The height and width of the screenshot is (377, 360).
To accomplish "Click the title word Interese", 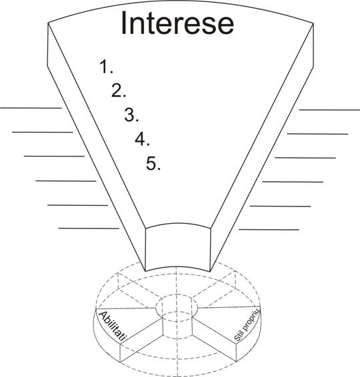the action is [x=177, y=23].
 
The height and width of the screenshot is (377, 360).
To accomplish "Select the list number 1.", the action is [x=106, y=67].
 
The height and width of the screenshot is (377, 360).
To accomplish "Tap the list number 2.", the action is [x=119, y=91].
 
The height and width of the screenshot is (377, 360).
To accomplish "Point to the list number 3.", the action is [x=131, y=115].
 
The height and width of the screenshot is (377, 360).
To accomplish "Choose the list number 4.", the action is [x=142, y=139].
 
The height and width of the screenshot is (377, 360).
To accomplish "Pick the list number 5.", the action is [x=153, y=163].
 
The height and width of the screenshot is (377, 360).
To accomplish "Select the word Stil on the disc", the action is [x=238, y=336].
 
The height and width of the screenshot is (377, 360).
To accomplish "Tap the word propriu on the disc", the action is [x=251, y=319].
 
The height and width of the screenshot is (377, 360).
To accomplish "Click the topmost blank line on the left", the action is [x=31, y=108].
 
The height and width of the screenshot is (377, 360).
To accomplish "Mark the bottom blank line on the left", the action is [x=89, y=228].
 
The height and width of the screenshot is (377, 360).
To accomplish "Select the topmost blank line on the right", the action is [x=329, y=110].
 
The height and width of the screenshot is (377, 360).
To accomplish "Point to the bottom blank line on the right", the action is [x=269, y=230].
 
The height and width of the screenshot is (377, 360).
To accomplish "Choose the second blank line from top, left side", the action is [x=43, y=133].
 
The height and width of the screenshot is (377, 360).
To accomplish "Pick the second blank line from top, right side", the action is [x=317, y=134].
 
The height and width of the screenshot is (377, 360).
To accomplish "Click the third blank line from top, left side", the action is [x=54, y=157].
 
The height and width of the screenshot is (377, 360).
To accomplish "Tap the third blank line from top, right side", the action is [x=305, y=158].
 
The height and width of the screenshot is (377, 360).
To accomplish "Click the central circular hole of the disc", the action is [x=177, y=307].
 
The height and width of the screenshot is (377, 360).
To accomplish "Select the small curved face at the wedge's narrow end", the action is [x=178, y=248].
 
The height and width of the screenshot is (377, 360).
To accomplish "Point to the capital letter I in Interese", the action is [x=124, y=23].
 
